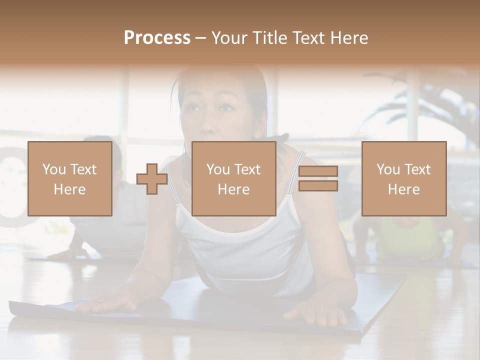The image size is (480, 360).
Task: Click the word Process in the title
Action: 157,38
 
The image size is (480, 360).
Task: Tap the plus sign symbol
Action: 152,178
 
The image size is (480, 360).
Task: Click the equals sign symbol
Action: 318,178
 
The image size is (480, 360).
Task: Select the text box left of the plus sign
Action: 69,178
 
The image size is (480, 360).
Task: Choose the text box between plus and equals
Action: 233,178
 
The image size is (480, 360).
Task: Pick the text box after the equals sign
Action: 403,178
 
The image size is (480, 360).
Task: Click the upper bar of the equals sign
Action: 318,171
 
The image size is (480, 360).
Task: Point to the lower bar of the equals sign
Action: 318,185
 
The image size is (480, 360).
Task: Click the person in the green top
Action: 400,235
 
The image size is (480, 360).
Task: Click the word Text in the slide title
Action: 307,38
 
